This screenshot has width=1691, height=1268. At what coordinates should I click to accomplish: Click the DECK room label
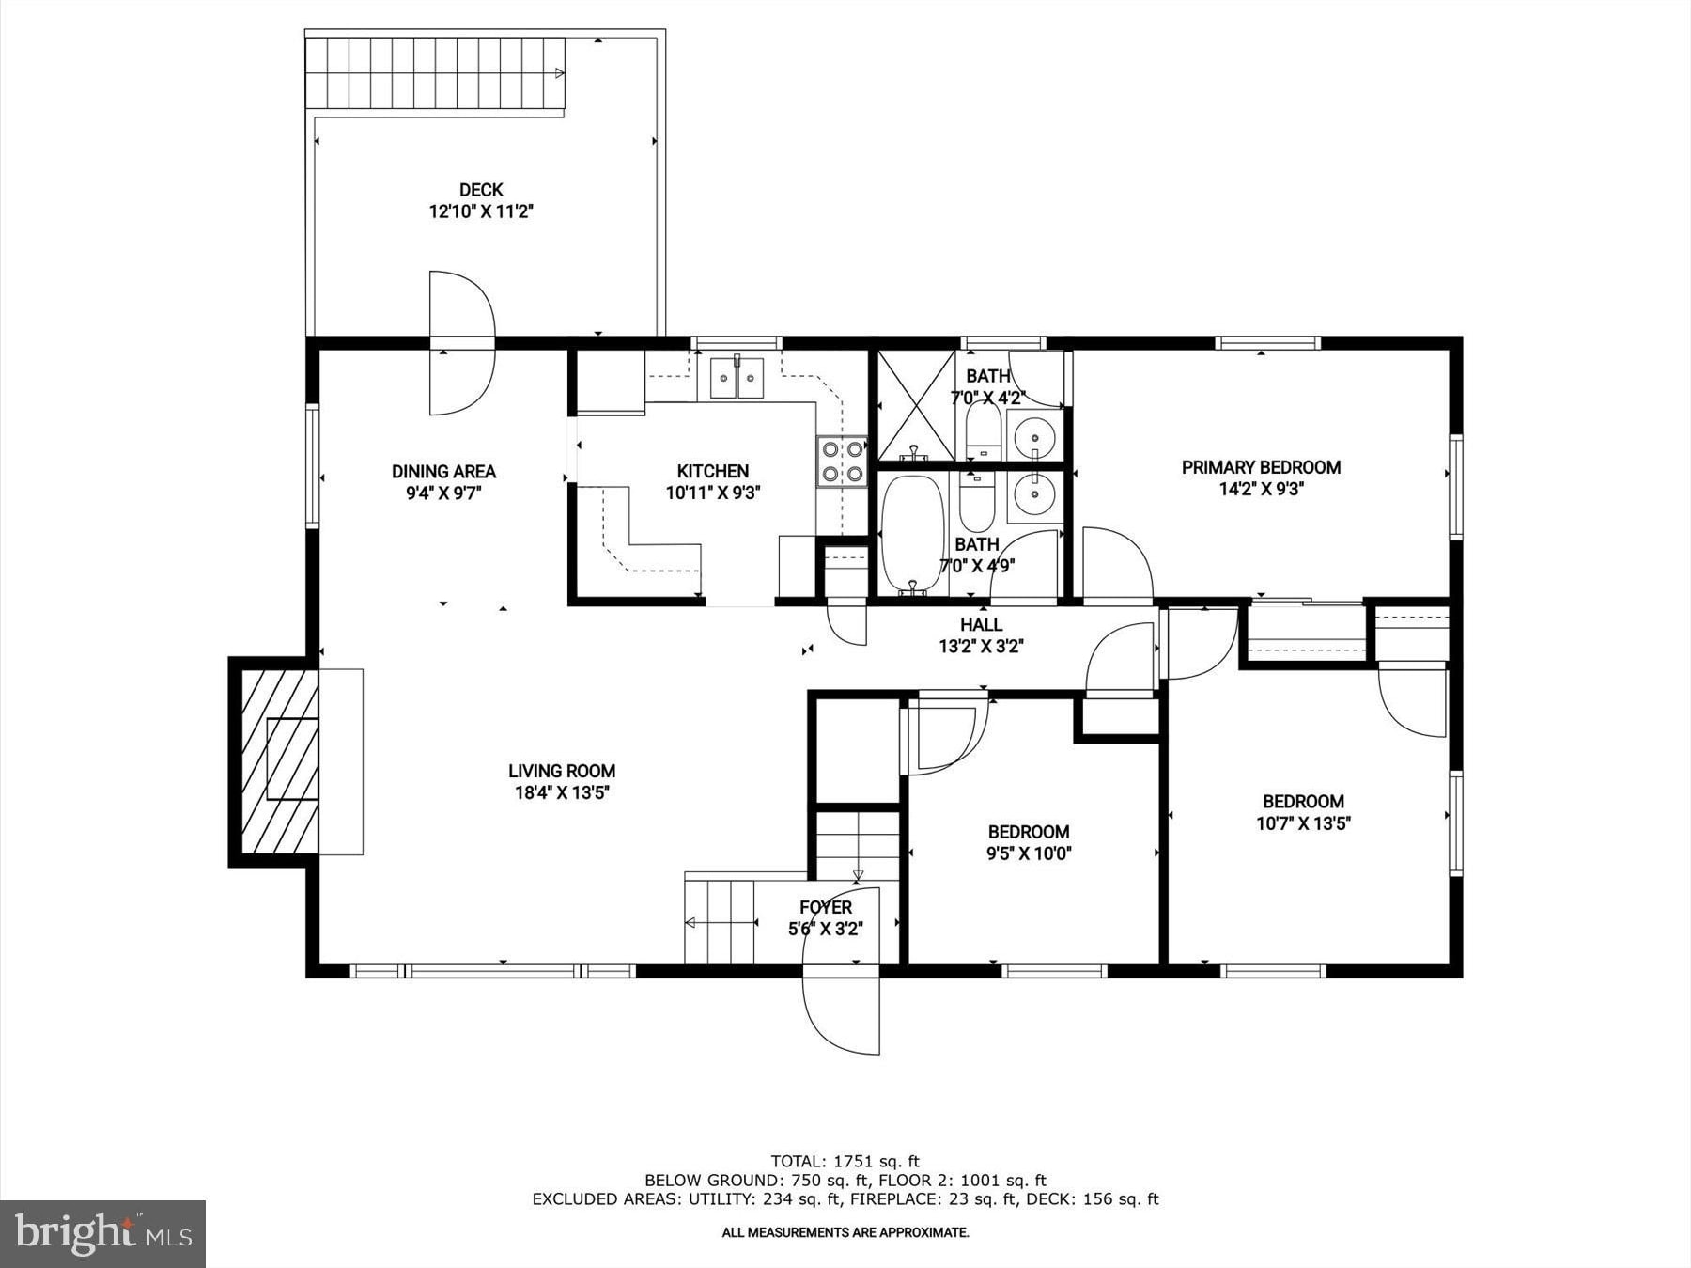(x=481, y=190)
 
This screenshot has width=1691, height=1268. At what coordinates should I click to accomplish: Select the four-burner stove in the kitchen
(x=841, y=461)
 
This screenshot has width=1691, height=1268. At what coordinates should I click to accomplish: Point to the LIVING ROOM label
(x=562, y=771)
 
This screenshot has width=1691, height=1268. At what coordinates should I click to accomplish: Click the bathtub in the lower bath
(x=912, y=534)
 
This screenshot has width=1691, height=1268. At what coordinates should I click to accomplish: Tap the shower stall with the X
(x=917, y=405)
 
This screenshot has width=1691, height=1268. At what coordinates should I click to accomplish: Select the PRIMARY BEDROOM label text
(x=1261, y=467)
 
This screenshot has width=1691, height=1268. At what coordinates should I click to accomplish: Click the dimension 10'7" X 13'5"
(x=1303, y=823)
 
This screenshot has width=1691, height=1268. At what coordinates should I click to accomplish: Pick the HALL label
(x=981, y=624)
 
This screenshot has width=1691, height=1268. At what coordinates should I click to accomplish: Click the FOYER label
(x=826, y=907)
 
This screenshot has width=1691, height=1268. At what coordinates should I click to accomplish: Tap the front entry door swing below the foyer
(x=840, y=1014)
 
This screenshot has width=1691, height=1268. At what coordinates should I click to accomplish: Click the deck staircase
(x=435, y=74)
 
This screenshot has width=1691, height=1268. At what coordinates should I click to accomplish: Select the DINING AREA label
(x=443, y=472)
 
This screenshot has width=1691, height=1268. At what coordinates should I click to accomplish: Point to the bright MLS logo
(x=103, y=1233)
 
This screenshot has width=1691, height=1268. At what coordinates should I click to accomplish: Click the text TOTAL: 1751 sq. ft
(x=845, y=1161)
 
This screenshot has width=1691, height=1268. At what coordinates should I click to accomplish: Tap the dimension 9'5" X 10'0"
(x=1029, y=853)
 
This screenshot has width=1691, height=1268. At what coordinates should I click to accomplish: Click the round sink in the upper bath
(x=1034, y=436)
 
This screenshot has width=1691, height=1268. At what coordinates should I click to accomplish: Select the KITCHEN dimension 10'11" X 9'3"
(x=713, y=493)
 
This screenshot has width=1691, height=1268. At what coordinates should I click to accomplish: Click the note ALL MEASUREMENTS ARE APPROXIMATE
(x=845, y=1232)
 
